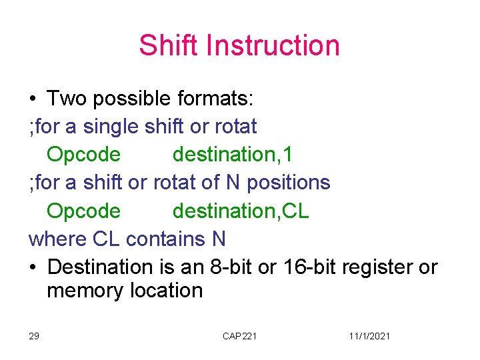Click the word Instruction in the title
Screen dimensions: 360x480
[273, 45]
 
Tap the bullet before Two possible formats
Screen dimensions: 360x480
[33, 99]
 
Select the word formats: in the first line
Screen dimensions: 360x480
[215, 99]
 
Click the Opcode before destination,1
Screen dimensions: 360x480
[84, 155]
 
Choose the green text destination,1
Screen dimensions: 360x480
[232, 155]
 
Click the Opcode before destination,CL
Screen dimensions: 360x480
[84, 211]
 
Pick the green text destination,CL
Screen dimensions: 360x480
[241, 211]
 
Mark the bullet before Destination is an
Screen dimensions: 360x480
[33, 267]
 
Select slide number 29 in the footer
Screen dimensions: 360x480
[33, 336]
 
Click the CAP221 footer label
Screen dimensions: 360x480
[239, 336]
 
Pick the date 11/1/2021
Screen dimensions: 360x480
[369, 336]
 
